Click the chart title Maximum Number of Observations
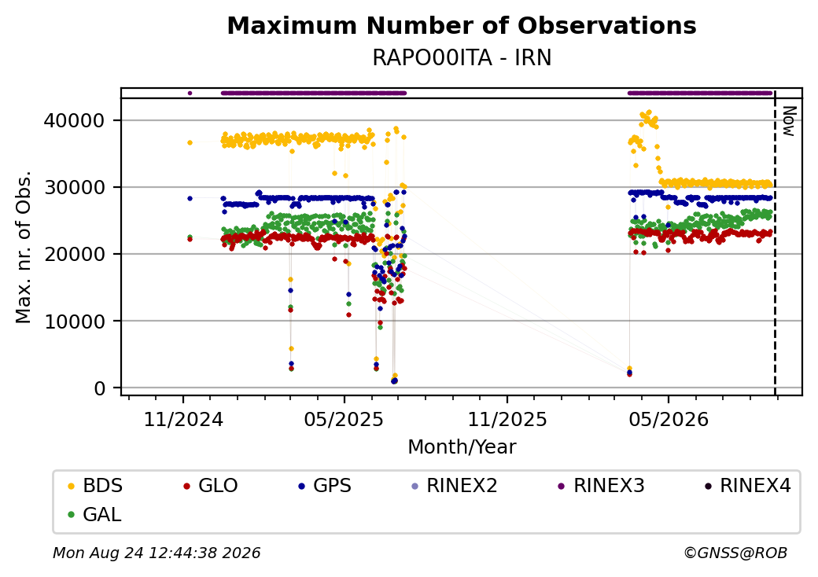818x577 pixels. coord(462,25)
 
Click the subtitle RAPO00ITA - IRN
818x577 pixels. coord(462,58)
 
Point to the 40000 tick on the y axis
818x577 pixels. coord(74,121)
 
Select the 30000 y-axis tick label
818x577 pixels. coord(74,188)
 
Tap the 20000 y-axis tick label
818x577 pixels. coord(74,255)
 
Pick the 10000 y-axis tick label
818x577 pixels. coord(74,322)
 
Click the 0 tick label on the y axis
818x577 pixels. coord(100,388)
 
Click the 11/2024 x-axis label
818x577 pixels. coord(183,420)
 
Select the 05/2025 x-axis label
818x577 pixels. coord(344,420)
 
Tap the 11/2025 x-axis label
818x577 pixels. coord(507,420)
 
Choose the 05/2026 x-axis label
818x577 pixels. coord(669,420)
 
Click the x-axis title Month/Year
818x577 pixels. coord(462,447)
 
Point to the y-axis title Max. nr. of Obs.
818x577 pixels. coord(24,247)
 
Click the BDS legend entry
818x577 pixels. coord(95,486)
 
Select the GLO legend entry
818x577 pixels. coord(210,486)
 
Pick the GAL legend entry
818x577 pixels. coord(94,514)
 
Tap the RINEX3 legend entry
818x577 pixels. coord(602,486)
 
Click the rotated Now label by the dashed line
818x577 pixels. coord(790,121)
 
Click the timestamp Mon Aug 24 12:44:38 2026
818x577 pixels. coord(157,553)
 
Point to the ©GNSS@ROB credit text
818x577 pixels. coord(735,553)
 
